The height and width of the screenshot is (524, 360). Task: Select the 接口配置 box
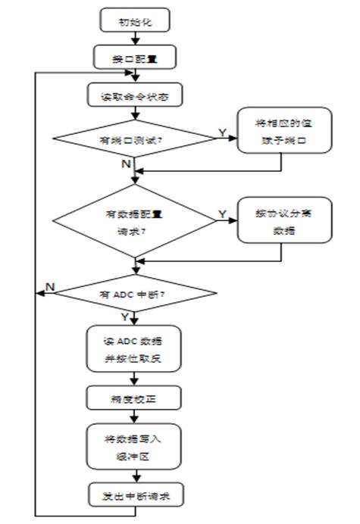click(x=135, y=55)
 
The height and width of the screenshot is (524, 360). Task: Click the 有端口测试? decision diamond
click(x=135, y=139)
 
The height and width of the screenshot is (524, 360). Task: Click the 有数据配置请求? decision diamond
click(x=135, y=223)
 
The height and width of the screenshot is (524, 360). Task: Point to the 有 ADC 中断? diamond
click(x=135, y=294)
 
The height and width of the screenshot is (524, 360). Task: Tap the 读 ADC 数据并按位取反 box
click(x=135, y=351)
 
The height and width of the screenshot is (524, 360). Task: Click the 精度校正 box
click(x=135, y=396)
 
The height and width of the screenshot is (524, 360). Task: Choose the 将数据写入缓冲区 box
click(x=135, y=445)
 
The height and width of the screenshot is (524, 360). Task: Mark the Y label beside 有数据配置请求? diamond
click(x=222, y=214)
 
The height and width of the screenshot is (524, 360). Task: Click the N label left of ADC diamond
click(x=49, y=285)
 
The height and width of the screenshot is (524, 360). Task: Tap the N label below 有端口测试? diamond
click(x=126, y=162)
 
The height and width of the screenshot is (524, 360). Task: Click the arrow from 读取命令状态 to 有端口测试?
click(x=135, y=114)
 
